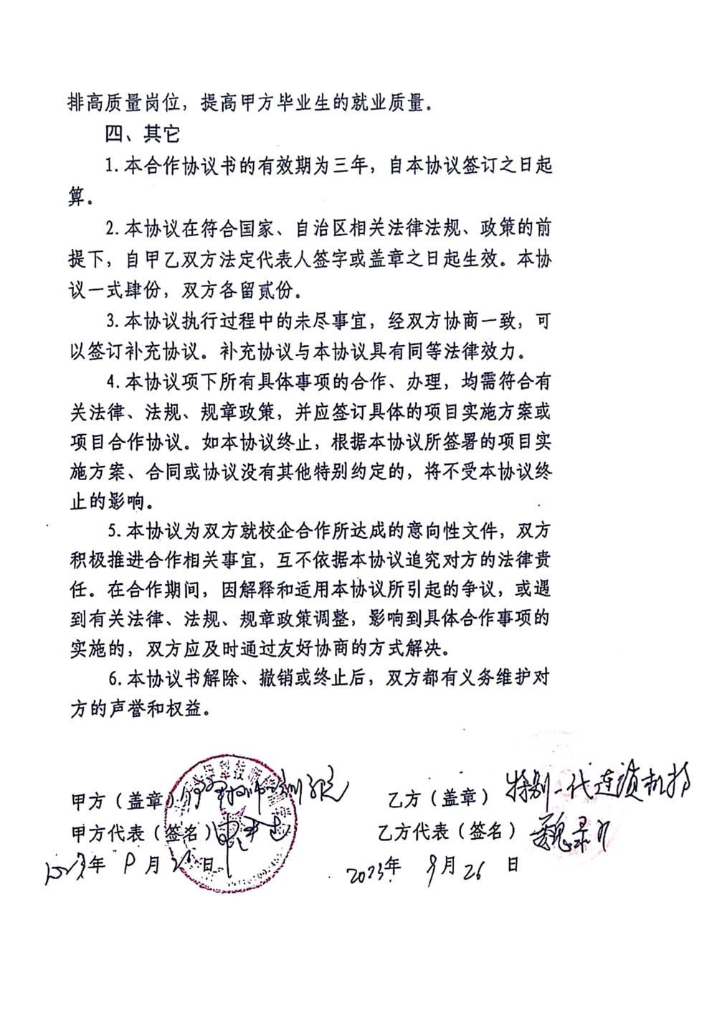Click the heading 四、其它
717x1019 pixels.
pos(142,134)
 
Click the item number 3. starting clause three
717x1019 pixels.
pos(112,322)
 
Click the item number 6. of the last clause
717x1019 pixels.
pos(112,679)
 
